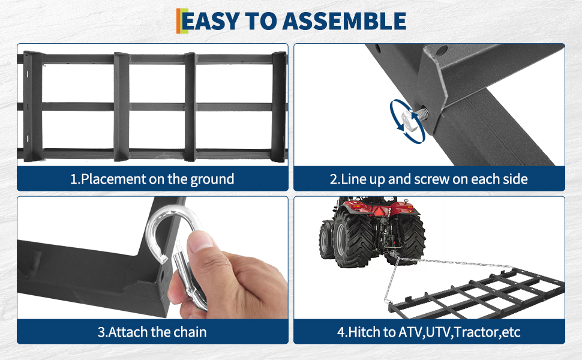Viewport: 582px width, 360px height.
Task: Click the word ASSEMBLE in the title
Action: click(344, 21)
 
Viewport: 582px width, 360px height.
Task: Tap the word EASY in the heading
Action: click(211, 21)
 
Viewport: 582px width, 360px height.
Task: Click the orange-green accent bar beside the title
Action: click(182, 21)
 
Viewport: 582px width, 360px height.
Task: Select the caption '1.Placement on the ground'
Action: click(152, 179)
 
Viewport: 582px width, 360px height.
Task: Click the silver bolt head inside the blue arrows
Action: click(409, 119)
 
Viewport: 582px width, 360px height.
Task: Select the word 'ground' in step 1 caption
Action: click(212, 179)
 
